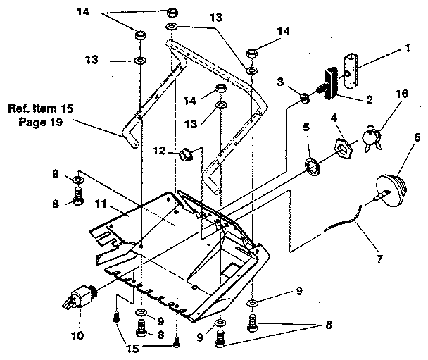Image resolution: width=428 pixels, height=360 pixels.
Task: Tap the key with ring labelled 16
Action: coord(371,137)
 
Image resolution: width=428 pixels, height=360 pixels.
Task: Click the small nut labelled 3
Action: coord(303,98)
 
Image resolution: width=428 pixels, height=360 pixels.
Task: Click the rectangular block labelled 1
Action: coord(353,63)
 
